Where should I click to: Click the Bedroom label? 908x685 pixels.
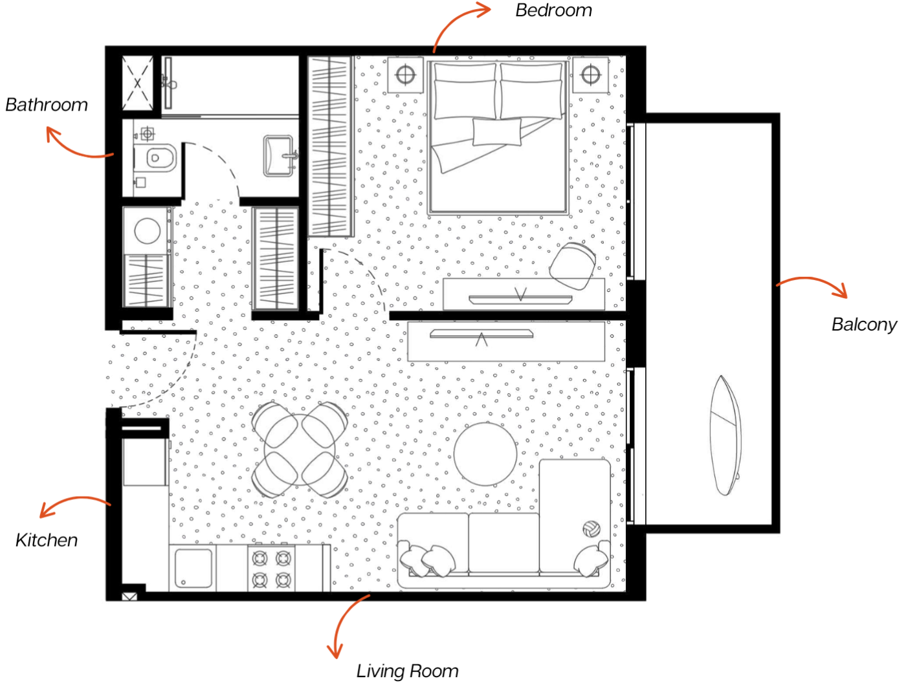(553, 10)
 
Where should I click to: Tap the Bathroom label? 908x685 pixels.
(47, 105)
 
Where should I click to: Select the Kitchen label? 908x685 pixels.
(47, 540)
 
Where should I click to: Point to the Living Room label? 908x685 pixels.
(407, 636)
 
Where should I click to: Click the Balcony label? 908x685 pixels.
(864, 325)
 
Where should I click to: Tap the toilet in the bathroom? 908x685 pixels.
(157, 157)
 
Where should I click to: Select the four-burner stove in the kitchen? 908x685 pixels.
(271, 569)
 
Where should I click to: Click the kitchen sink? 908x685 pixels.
(193, 568)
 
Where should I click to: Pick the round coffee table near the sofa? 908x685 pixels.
(485, 453)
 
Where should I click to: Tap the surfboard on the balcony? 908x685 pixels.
(725, 435)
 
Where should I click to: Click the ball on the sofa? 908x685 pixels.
(591, 529)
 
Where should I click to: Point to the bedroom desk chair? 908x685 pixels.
(573, 266)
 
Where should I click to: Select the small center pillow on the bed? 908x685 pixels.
(496, 132)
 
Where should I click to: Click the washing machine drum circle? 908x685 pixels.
(148, 231)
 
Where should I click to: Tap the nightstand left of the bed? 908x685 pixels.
(405, 75)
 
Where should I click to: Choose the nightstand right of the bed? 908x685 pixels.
(590, 75)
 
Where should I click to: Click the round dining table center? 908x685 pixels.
(300, 450)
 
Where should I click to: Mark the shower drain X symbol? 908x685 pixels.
(138, 83)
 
